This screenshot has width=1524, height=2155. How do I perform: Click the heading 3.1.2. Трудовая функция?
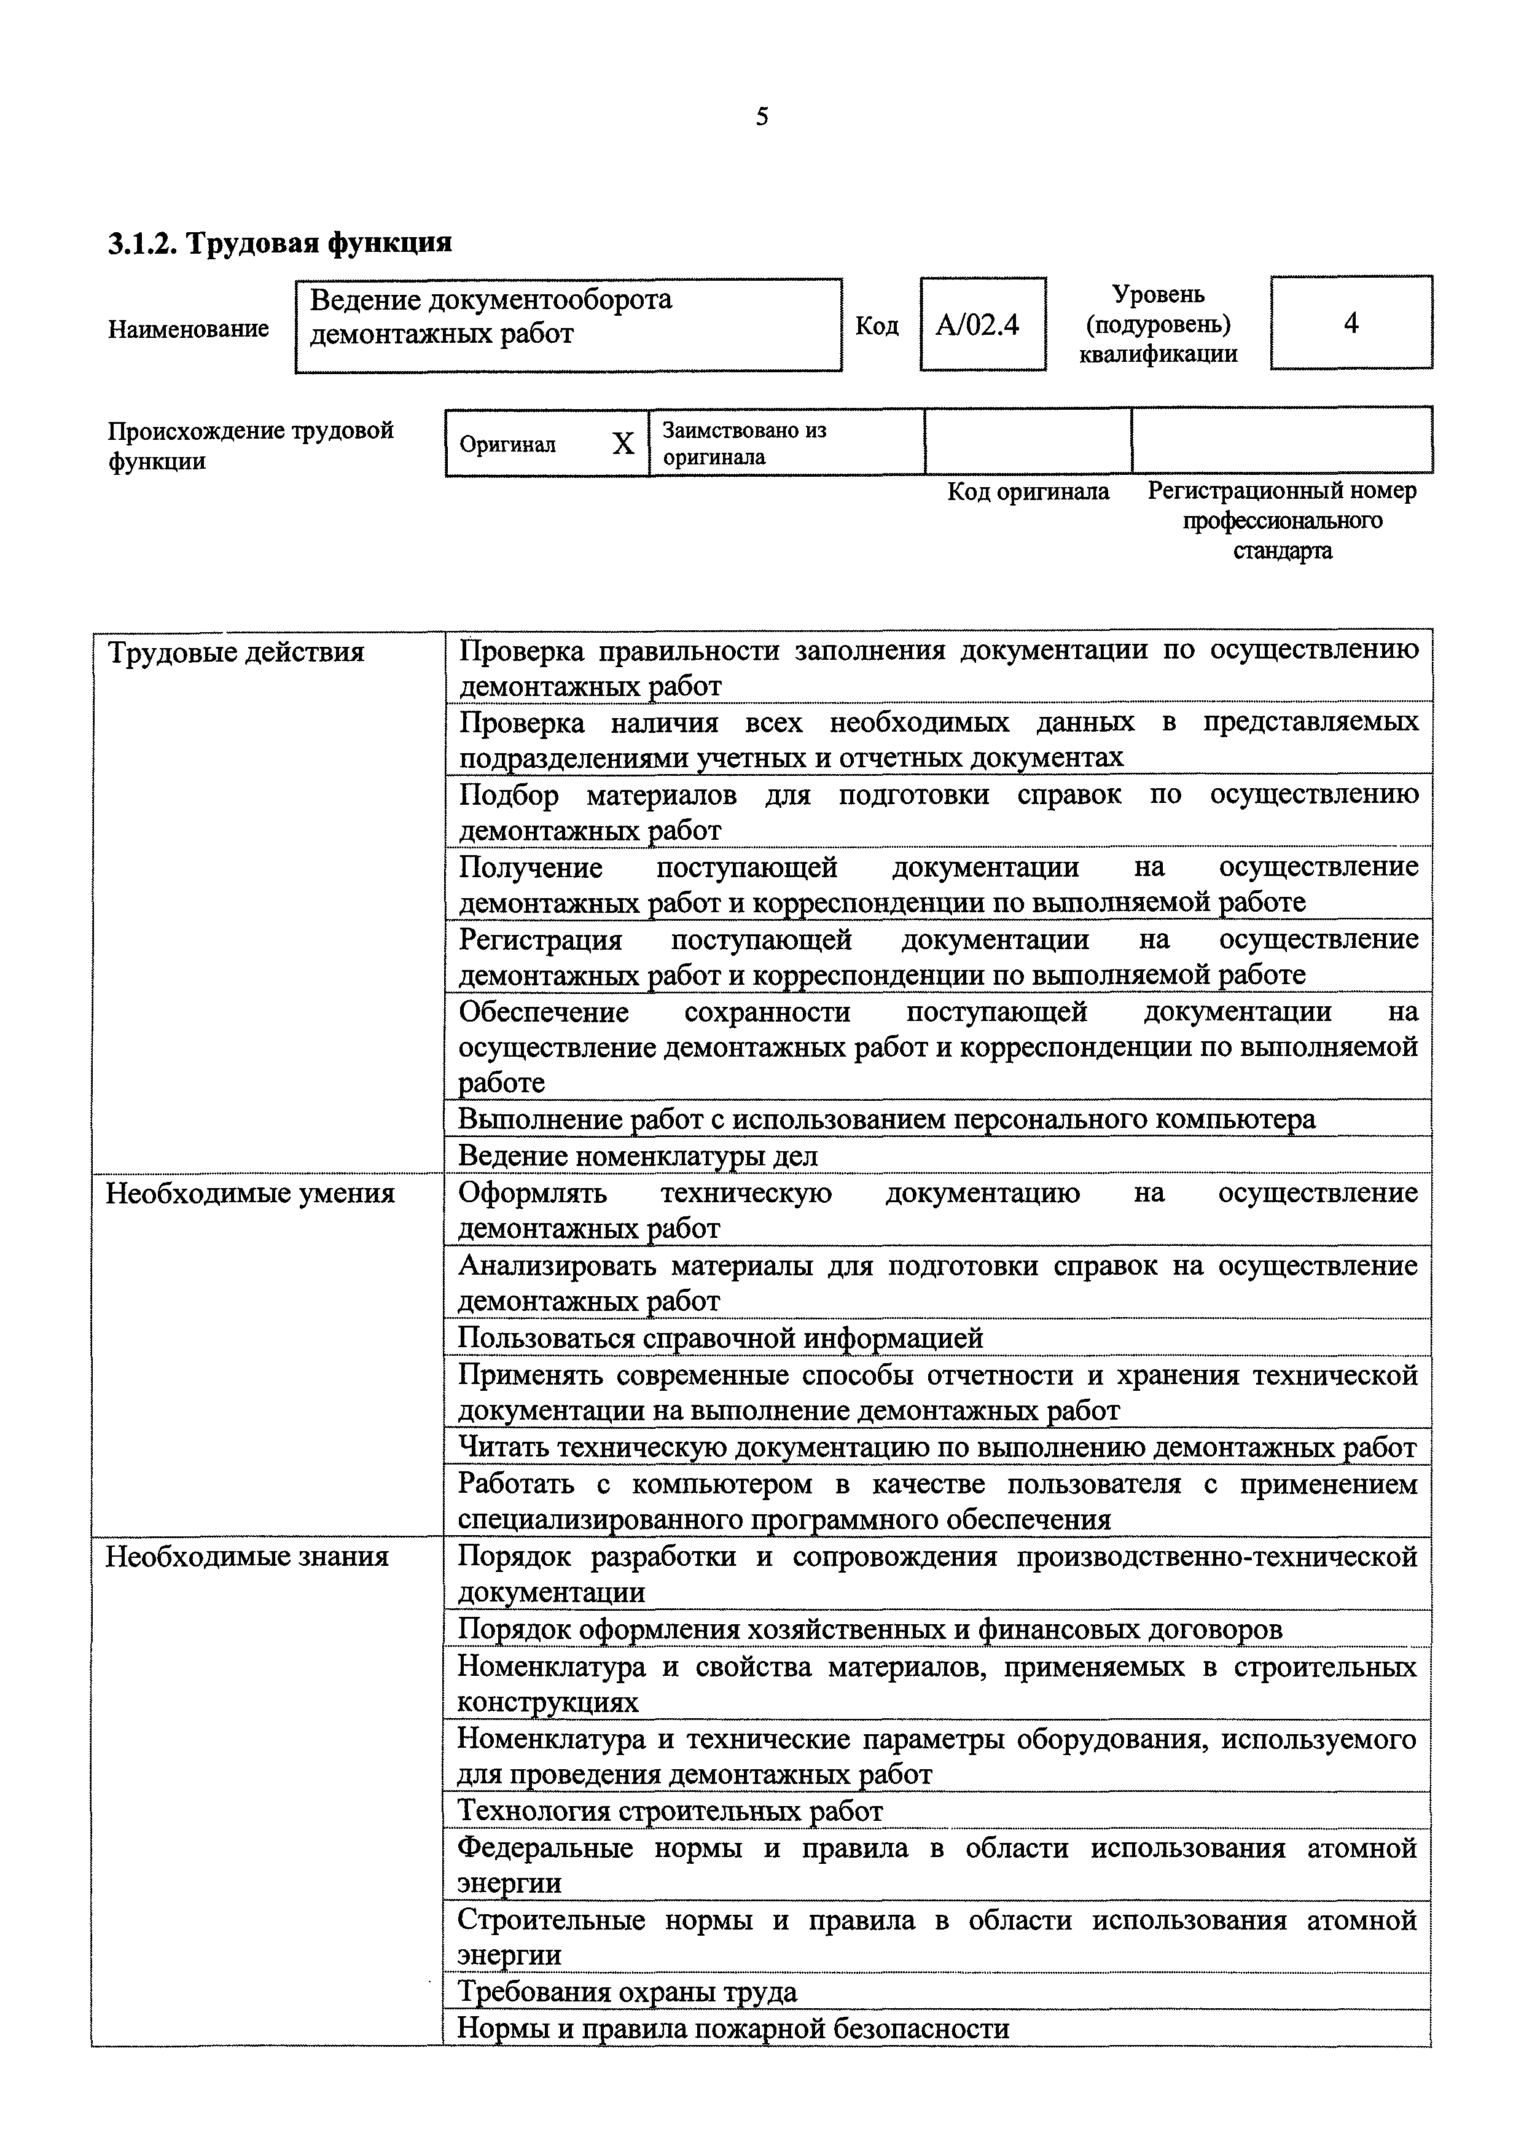click(x=279, y=243)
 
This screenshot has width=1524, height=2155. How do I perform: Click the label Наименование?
click(x=188, y=329)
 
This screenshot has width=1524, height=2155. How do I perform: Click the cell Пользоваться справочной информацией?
click(x=720, y=1337)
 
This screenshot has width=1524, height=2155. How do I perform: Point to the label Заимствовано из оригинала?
click(x=743, y=443)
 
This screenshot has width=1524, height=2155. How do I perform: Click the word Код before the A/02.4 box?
click(x=877, y=326)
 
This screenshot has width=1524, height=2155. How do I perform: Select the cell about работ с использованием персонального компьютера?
click(x=886, y=1119)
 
